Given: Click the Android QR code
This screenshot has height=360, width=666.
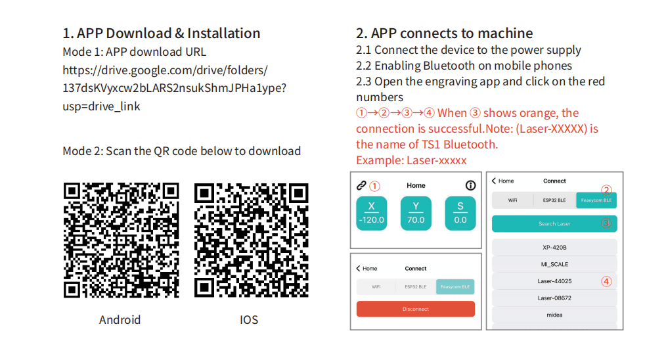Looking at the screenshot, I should tap(121, 240).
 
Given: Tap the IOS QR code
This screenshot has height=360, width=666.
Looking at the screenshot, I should tap(252, 240).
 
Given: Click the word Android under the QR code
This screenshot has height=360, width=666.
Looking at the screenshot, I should tap(120, 320).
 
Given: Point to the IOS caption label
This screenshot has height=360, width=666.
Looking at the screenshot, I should tap(249, 320).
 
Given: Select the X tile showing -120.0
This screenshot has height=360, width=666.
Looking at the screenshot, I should tap(371, 213).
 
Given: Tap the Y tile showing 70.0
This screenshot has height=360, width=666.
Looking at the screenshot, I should tap(416, 213).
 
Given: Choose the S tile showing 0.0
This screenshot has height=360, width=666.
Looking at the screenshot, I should tap(460, 213).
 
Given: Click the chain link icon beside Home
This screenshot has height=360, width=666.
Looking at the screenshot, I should tap(361, 186).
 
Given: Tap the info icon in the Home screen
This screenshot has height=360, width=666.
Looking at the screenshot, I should tap(470, 186).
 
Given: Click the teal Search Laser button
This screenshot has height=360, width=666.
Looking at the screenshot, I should tap(554, 223).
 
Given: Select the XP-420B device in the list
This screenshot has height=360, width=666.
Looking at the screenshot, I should tap(554, 248).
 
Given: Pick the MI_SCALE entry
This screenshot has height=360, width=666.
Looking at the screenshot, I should tap(554, 264).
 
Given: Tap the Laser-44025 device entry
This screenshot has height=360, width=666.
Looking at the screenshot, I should tap(554, 281).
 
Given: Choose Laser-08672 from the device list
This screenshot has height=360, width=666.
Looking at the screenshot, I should tap(554, 298).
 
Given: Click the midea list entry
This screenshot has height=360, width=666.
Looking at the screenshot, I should tap(554, 315).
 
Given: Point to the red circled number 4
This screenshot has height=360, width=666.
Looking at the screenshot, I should tap(606, 282).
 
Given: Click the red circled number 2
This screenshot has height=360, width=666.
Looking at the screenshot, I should tap(606, 190).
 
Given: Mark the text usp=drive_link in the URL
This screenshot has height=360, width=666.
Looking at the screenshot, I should tap(101, 106).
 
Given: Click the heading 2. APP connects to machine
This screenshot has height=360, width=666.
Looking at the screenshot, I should tap(444, 34).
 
